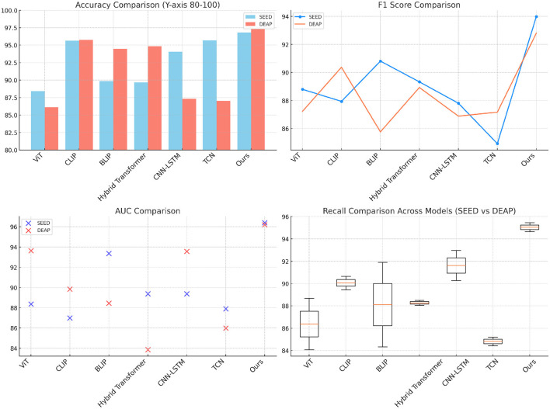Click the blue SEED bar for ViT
coord(37,120)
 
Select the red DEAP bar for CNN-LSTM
coord(189,124)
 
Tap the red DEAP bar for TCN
coord(224,125)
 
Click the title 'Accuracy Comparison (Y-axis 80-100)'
coord(146,5)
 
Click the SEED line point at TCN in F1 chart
coord(497,144)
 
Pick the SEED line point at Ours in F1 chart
coord(537,16)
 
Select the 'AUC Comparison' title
coord(147,210)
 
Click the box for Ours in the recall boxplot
coord(531,227)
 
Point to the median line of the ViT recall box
coord(309,324)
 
